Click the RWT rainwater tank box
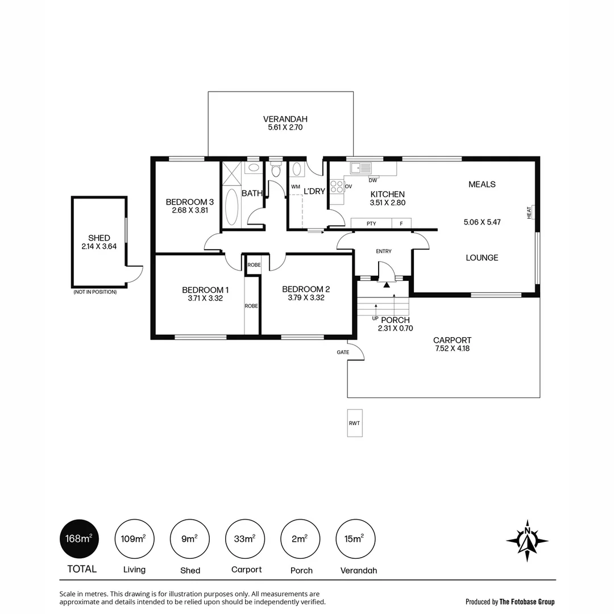(x=355, y=423)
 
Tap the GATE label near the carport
(x=343, y=352)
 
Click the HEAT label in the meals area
(x=529, y=212)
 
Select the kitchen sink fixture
(x=361, y=168)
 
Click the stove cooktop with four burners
(x=337, y=186)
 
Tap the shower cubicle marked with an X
(x=232, y=173)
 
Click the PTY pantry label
(x=371, y=223)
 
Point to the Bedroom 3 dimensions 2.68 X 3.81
(x=189, y=210)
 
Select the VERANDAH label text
(x=285, y=119)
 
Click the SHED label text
(x=99, y=238)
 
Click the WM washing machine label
(x=296, y=186)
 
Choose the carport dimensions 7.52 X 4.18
(x=452, y=349)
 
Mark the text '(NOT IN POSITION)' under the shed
(x=95, y=292)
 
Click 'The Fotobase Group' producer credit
(x=526, y=601)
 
